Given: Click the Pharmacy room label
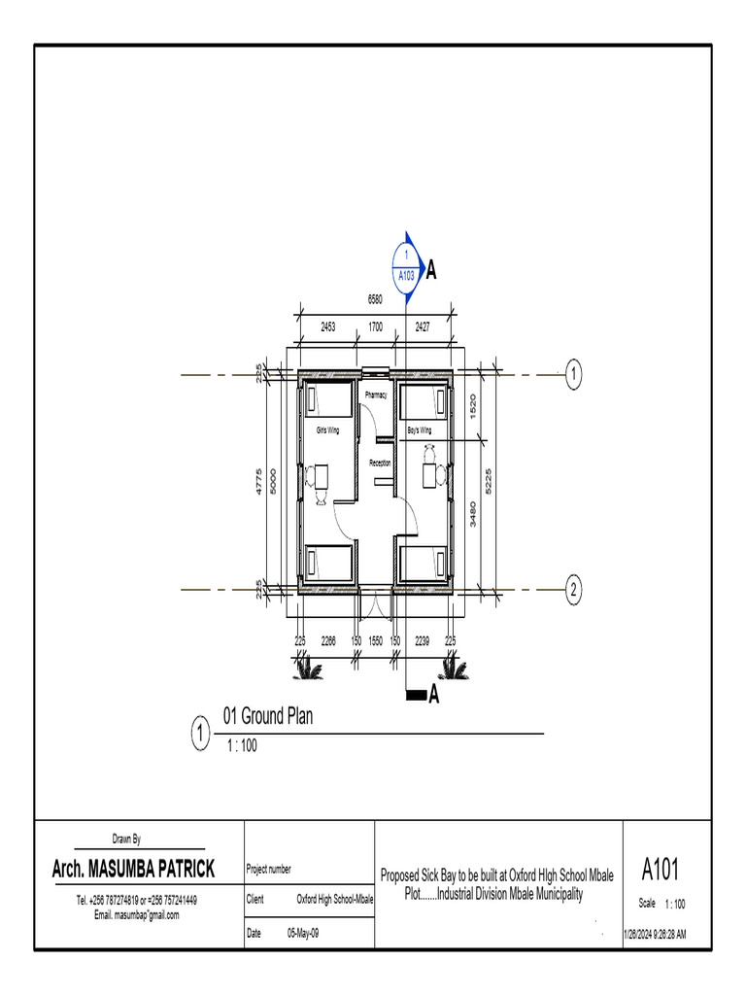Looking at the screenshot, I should [376, 395].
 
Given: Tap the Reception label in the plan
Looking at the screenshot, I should [380, 463].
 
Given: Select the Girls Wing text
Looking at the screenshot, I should [327, 429].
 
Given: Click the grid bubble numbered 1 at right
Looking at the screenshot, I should [574, 373].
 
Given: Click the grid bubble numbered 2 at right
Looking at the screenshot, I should [574, 589].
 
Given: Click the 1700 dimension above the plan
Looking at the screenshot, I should [374, 328].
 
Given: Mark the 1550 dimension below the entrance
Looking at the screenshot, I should [376, 641].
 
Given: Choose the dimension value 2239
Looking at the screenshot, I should [423, 641].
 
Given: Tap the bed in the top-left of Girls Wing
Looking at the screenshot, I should [328, 399].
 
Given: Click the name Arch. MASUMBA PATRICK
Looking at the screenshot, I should [134, 869].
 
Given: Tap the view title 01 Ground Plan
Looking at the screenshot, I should [268, 717].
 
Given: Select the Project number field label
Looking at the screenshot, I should [269, 870].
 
